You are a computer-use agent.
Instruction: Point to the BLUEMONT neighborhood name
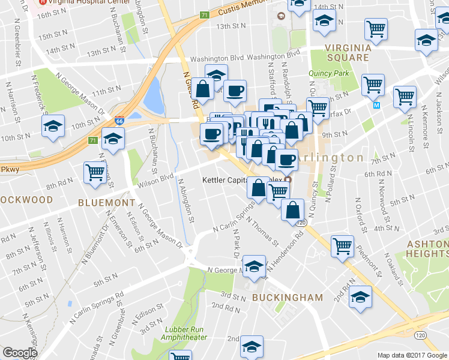point(107,203)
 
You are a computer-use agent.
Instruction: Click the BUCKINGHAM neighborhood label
point(287,297)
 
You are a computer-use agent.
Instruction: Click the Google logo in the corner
point(20,353)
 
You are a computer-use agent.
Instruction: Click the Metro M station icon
point(377,105)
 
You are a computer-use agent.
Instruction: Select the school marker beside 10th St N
point(53,127)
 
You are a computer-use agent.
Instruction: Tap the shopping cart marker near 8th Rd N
point(95,172)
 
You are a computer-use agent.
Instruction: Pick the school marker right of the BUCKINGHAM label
point(360,297)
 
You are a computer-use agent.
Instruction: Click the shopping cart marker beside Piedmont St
point(342,245)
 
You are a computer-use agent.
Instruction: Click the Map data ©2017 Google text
point(412,355)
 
